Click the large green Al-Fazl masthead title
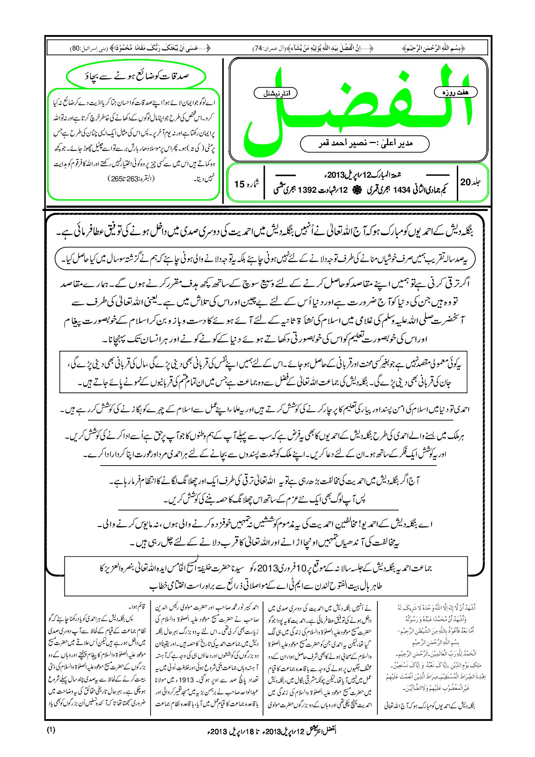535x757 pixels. click(357, 107)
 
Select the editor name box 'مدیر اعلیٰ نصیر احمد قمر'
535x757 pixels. click(365, 143)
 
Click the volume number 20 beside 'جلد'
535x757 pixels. click(466, 182)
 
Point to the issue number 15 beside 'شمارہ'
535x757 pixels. click(239, 184)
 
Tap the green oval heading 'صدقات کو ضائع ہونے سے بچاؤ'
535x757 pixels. click(136, 76)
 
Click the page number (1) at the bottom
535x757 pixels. click(51, 729)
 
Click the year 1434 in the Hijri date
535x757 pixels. click(401, 190)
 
